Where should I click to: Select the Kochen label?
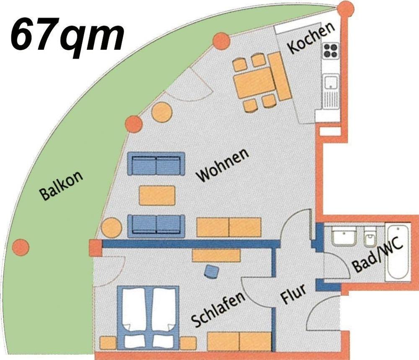(311, 37)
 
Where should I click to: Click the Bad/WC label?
(377, 257)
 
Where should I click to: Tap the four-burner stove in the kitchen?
(331, 51)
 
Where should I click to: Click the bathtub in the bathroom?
(398, 252)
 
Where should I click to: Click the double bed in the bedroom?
(148, 317)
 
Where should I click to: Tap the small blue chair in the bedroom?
(212, 272)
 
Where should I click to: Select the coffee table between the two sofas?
(157, 195)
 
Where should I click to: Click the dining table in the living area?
(253, 83)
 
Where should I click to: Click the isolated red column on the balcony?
(21, 247)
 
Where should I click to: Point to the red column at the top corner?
(346, 10)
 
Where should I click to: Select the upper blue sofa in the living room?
(156, 164)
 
